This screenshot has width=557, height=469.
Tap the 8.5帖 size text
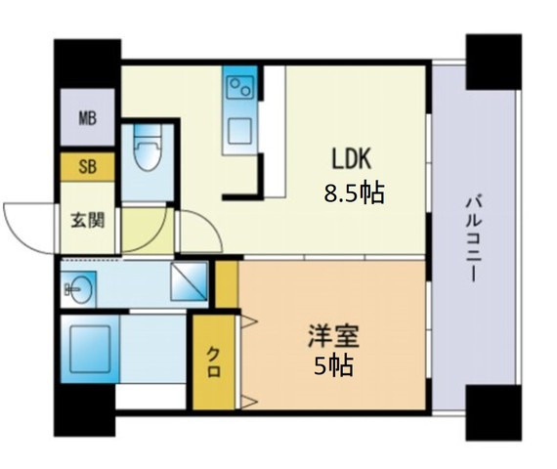354,193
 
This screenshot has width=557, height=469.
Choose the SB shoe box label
88,166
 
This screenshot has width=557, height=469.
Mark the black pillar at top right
493,62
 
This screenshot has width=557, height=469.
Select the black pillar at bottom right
493,412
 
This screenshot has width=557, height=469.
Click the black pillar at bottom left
84,410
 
